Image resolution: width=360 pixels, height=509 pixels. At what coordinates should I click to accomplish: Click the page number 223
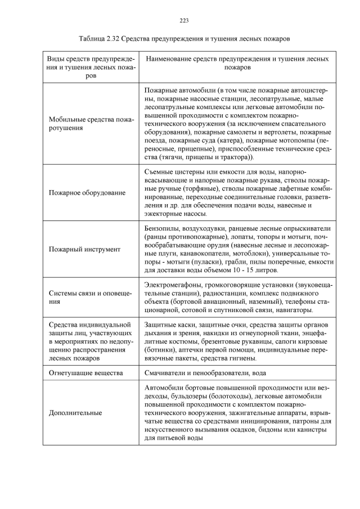[x=183, y=21]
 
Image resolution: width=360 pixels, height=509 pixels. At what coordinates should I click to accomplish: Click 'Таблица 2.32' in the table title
[x=101, y=39]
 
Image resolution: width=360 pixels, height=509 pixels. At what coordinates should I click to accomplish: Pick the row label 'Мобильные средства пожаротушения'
[x=91, y=124]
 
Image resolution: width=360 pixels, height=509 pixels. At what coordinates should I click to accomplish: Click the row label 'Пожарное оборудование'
[x=87, y=193]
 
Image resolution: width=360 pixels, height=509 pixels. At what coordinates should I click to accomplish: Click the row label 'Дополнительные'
[x=75, y=413]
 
